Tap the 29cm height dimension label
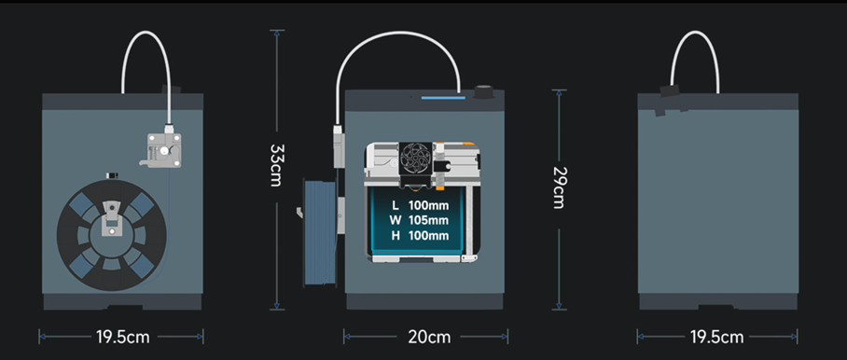559,187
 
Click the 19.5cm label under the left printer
121,337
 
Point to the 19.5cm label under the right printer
718,337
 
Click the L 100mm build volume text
420,204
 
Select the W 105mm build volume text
420,220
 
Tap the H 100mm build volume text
420,236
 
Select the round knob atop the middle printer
484,91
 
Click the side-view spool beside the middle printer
320,231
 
